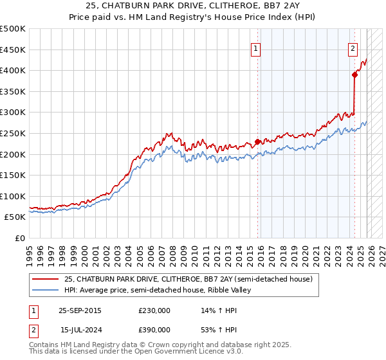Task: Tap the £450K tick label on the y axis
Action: click(x=12, y=50)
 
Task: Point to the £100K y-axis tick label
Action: click(x=12, y=196)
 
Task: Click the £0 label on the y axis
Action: click(x=21, y=238)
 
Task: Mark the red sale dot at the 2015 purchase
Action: click(x=257, y=141)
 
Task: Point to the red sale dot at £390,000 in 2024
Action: click(x=354, y=75)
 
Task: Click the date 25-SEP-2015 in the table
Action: click(x=80, y=310)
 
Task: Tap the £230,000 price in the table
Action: click(x=154, y=310)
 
